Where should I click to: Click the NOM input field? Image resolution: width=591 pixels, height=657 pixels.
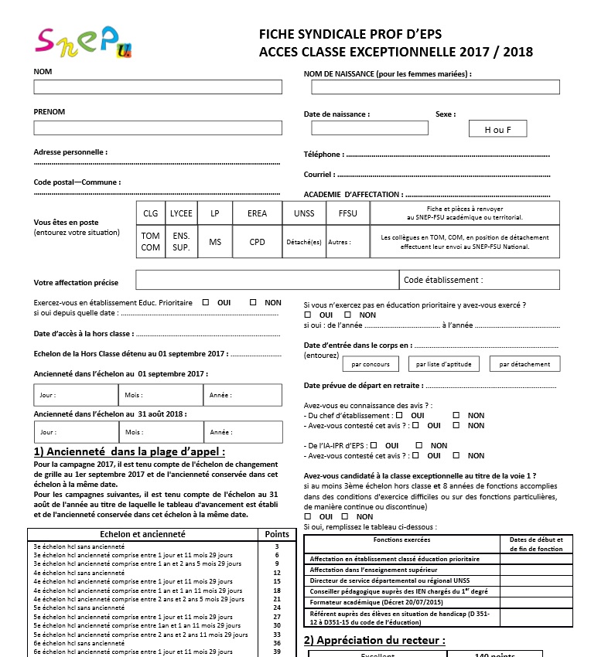click(158, 87)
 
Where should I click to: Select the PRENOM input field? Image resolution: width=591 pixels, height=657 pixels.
click(158, 128)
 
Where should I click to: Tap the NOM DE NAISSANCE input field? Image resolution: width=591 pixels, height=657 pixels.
click(430, 87)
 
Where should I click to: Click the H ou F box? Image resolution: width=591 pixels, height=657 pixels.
click(497, 129)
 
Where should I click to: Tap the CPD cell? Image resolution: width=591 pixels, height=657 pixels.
click(257, 242)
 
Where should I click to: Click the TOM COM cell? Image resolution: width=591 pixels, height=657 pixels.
click(151, 242)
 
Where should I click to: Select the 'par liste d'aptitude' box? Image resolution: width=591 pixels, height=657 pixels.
click(443, 364)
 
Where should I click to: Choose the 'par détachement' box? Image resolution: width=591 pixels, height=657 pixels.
click(524, 364)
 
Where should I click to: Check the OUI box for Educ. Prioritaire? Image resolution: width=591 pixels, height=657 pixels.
click(206, 303)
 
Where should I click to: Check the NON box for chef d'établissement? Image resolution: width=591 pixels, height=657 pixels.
click(456, 416)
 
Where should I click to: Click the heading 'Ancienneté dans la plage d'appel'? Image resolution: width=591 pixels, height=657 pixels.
click(130, 451)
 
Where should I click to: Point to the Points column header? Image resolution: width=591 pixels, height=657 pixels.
click(277, 534)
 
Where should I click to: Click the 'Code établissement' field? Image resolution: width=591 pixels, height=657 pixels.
click(480, 280)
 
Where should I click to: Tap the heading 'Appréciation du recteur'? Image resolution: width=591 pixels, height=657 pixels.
click(374, 640)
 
